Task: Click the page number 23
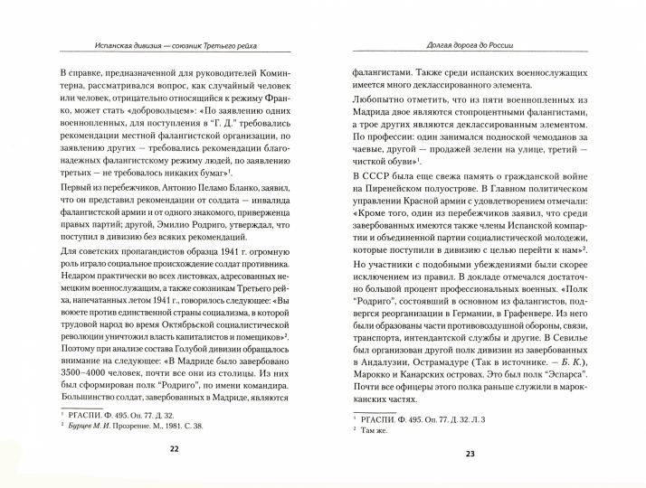coord(469,454)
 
